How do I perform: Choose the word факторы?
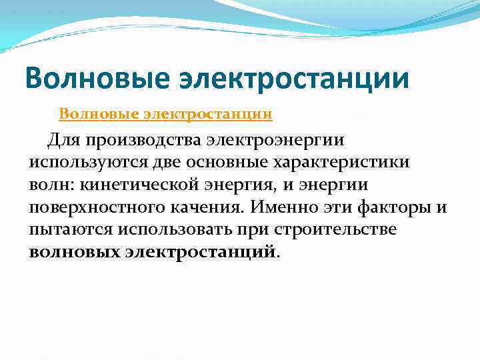pos(397,208)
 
